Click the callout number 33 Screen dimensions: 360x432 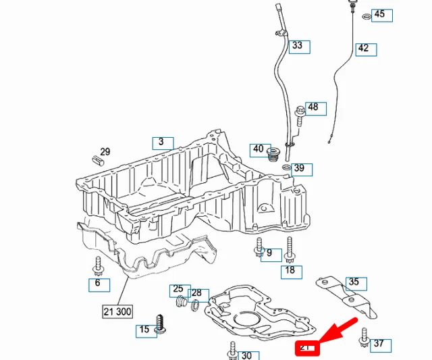297,47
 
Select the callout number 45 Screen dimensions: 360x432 379,14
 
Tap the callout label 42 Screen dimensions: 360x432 363,49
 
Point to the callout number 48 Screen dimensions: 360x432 313,107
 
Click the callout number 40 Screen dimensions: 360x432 258,149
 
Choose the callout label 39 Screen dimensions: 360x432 299,168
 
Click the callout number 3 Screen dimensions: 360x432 161,143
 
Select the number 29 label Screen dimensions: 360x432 105,152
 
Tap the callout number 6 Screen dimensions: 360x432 98,284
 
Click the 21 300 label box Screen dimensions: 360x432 117,311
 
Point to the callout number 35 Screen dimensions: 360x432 354,282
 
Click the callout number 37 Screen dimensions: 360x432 379,344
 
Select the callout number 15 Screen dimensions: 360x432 144,330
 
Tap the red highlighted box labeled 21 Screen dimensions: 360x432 307,348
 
